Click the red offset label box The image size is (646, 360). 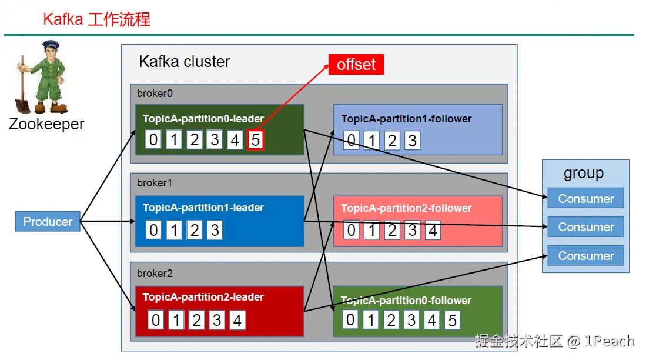[x=356, y=64]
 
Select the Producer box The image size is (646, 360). [x=48, y=221]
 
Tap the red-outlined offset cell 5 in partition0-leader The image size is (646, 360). [x=256, y=140]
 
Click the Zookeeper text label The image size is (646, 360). [x=46, y=124]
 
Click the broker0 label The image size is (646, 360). [x=155, y=94]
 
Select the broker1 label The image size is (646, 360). [x=155, y=183]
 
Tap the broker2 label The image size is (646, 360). [x=155, y=274]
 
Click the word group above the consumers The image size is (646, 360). [x=584, y=173]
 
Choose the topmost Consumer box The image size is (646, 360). [x=586, y=198]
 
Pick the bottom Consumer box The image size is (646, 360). [x=586, y=256]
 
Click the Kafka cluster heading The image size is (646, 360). [x=185, y=61]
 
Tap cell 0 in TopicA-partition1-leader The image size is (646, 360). [x=153, y=229]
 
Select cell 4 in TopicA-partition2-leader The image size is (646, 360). [x=237, y=321]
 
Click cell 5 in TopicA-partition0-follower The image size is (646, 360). [x=452, y=320]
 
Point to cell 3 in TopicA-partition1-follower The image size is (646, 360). [x=412, y=141]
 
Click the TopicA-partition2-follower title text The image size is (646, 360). [x=406, y=208]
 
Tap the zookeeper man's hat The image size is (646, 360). [x=51, y=44]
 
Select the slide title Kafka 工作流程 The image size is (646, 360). [x=97, y=19]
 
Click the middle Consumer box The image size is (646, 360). [x=586, y=227]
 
